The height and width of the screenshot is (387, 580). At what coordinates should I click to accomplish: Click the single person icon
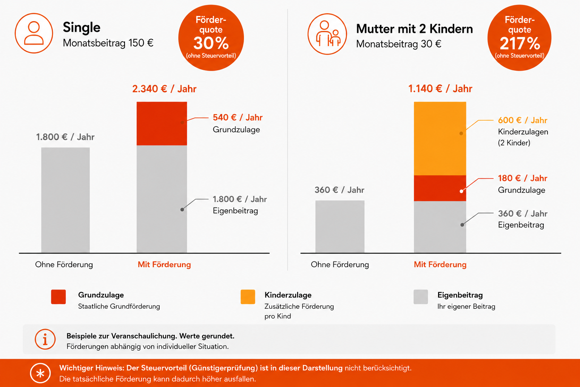[x=34, y=33]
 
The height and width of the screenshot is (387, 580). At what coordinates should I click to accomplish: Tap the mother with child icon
[x=327, y=34]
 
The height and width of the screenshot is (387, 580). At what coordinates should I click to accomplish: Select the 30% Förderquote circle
[x=211, y=38]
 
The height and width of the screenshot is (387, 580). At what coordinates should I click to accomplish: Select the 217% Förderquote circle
[x=520, y=38]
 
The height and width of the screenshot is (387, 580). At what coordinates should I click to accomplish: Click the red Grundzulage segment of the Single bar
[x=162, y=123]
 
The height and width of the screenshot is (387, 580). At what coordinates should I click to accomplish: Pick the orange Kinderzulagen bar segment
[x=440, y=138]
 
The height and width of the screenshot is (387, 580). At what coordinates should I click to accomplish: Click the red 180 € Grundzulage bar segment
[x=440, y=188]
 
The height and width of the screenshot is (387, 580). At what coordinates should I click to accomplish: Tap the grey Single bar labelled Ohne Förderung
[x=65, y=200]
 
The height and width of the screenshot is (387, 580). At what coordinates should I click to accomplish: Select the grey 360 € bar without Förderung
[x=340, y=226]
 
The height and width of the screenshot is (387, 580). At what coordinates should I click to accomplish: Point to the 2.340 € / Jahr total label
[x=164, y=89]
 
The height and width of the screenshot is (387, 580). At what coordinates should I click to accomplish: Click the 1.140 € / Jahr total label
[x=440, y=89]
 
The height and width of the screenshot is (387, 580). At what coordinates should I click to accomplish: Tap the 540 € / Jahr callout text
[x=238, y=118]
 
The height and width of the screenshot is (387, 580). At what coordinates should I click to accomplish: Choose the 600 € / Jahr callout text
[x=523, y=120]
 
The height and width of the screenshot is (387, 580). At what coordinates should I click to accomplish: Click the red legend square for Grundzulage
[x=59, y=297]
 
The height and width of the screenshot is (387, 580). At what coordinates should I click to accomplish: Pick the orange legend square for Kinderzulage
[x=248, y=297]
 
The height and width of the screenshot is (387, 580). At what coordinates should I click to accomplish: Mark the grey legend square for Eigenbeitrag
[x=421, y=297]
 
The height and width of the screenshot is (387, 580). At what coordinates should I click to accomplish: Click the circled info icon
[x=45, y=339]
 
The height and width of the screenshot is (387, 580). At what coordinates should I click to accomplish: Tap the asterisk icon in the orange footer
[x=40, y=373]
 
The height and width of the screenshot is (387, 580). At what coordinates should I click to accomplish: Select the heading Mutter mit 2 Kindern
[x=415, y=29]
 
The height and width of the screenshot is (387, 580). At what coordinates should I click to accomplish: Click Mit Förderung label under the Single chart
[x=164, y=265]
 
